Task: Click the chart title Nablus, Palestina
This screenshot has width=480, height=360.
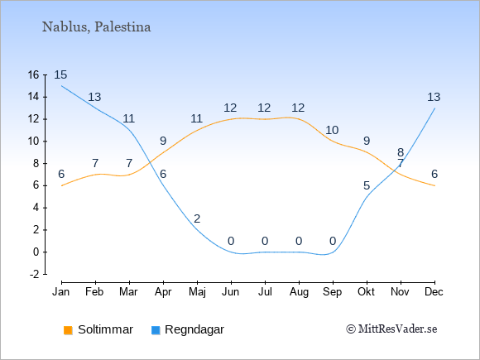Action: pyautogui.click(x=96, y=27)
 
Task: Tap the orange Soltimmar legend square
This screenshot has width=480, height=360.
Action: pyautogui.click(x=68, y=330)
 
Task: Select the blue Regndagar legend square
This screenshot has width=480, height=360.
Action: pyautogui.click(x=156, y=330)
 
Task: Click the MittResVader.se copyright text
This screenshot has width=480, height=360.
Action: pyautogui.click(x=391, y=329)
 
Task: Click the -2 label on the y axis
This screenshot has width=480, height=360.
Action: pyautogui.click(x=34, y=274)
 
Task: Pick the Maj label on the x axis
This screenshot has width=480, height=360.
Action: pyautogui.click(x=197, y=292)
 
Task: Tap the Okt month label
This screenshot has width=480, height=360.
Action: pyautogui.click(x=366, y=292)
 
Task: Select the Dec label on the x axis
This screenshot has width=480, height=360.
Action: pyautogui.click(x=434, y=292)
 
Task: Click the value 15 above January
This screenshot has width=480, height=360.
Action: pyautogui.click(x=60, y=74)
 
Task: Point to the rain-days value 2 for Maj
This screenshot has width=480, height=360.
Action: pyautogui.click(x=197, y=218)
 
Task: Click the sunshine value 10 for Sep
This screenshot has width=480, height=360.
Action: pyautogui.click(x=332, y=131)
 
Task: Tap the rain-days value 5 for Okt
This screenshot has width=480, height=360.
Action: pyautogui.click(x=367, y=185)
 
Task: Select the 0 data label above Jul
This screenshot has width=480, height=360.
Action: pyautogui.click(x=265, y=241)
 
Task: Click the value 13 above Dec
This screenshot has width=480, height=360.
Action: pyautogui.click(x=434, y=97)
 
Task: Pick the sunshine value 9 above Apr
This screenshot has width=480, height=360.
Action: pyautogui.click(x=163, y=142)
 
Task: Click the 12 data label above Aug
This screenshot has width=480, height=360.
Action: pyautogui.click(x=298, y=108)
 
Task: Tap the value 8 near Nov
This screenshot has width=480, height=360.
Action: pyautogui.click(x=401, y=152)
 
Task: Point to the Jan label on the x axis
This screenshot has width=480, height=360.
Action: pyautogui.click(x=61, y=292)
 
